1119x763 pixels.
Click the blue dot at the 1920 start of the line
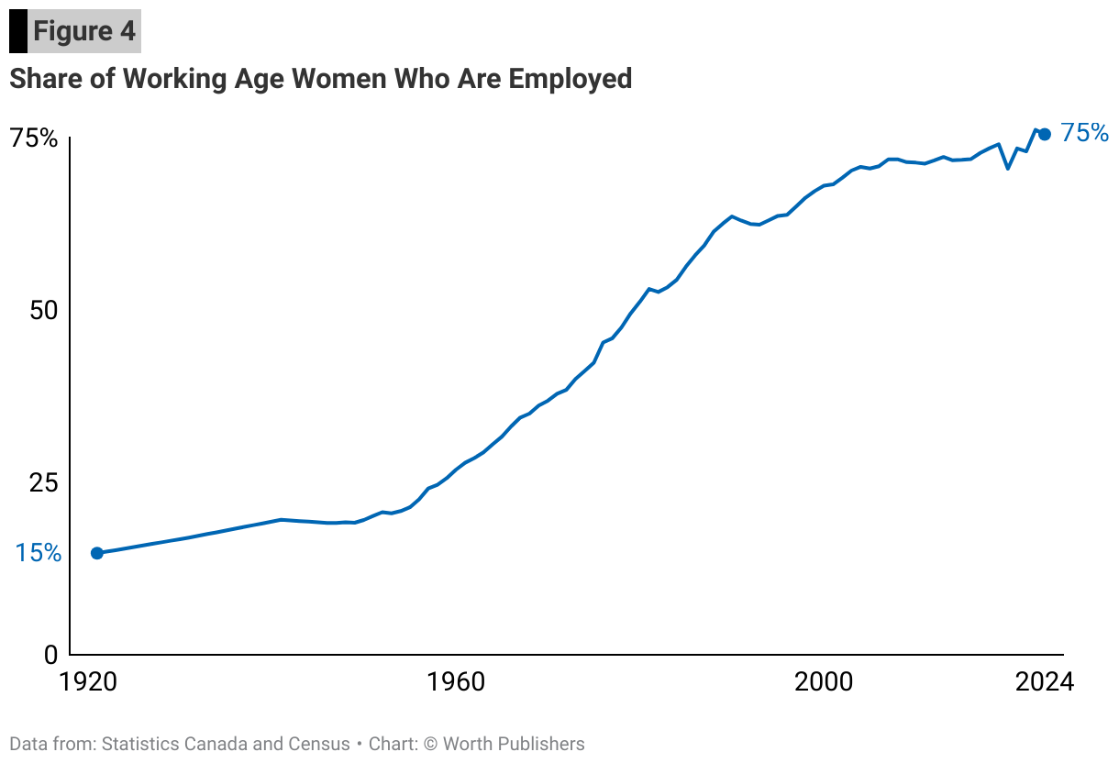tap(97, 553)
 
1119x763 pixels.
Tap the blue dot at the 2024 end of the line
tap(1044, 134)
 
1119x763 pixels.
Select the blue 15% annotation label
tap(38, 553)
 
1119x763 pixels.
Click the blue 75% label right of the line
tap(1084, 134)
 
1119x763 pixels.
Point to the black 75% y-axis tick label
tap(34, 139)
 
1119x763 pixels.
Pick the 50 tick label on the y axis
tap(42, 310)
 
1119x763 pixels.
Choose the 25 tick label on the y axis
tap(42, 482)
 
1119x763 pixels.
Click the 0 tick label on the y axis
tap(51, 655)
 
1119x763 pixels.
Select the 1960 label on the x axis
tap(456, 682)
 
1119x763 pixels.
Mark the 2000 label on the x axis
tap(824, 682)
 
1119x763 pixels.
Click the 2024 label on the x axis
tap(1043, 682)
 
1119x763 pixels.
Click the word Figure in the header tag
tap(72, 31)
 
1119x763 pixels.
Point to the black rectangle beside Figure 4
tap(17, 31)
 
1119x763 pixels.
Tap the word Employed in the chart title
tap(570, 79)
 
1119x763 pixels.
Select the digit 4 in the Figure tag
tap(127, 31)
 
